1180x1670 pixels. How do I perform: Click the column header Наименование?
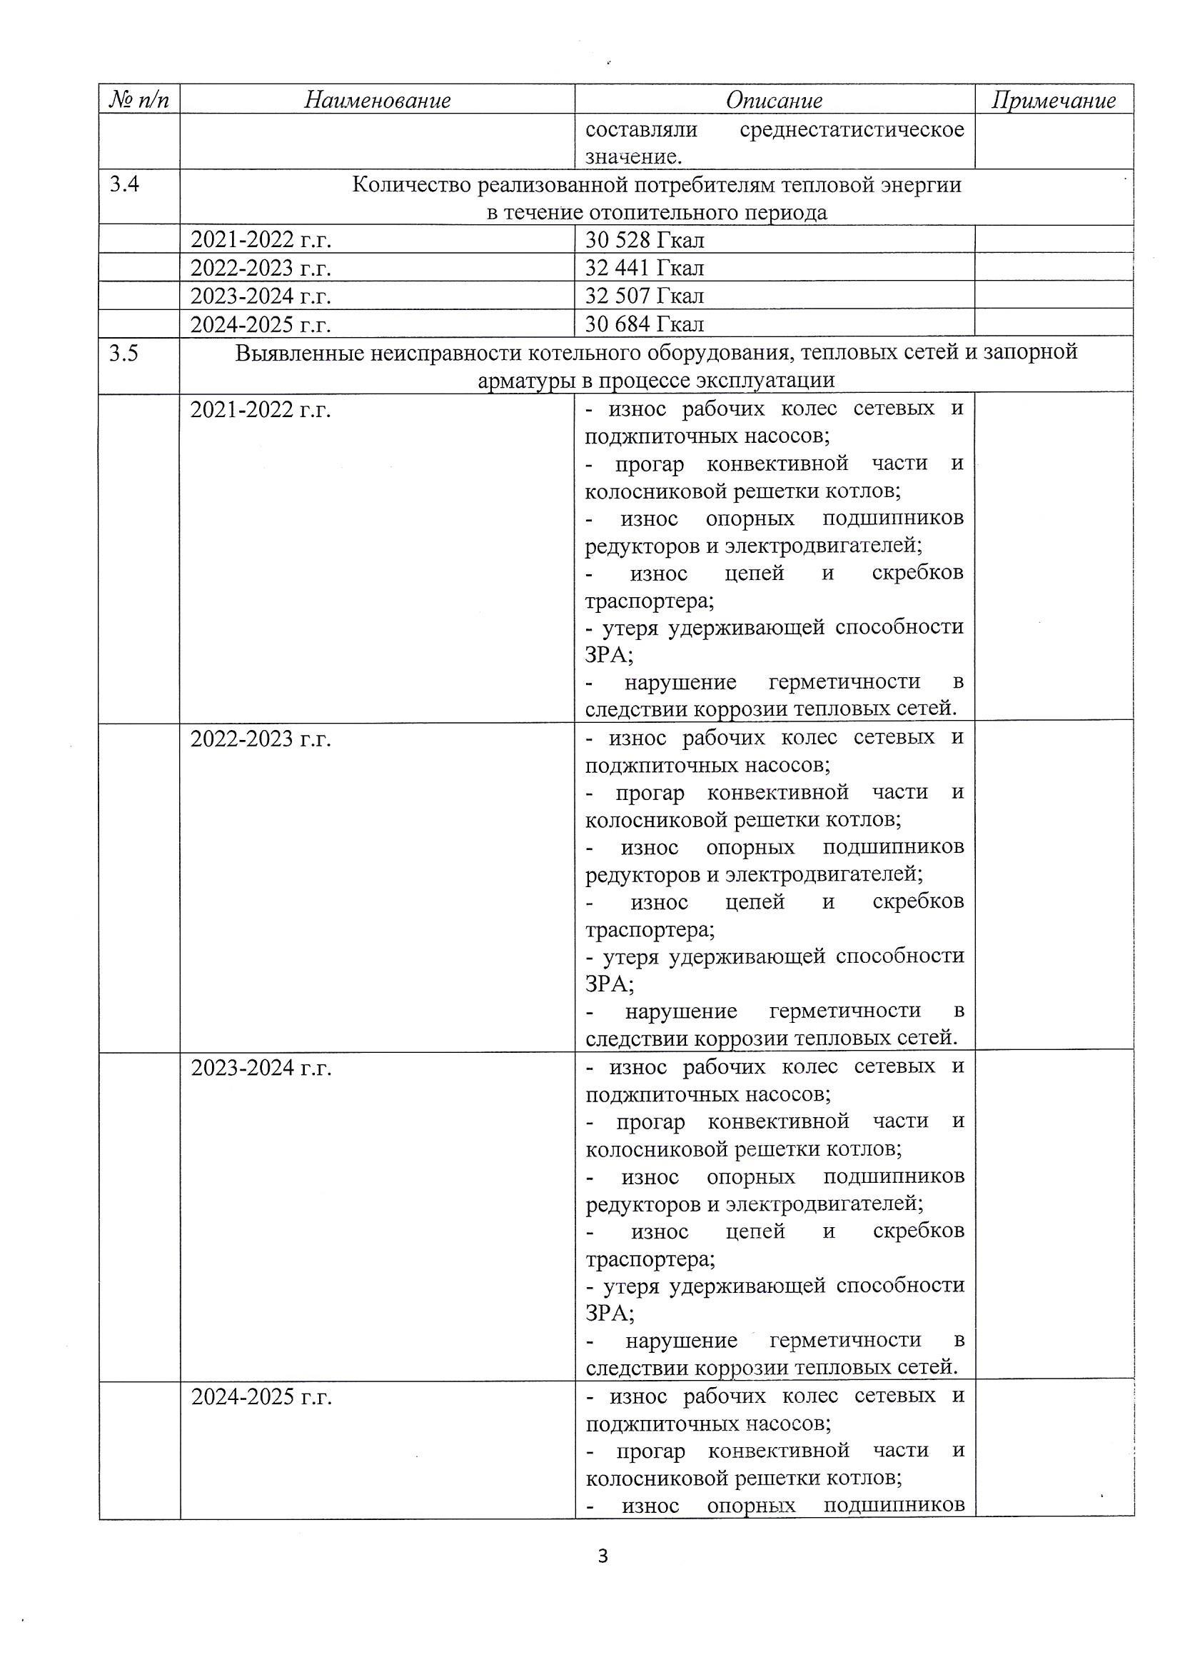378,100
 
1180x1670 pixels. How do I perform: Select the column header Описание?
774,101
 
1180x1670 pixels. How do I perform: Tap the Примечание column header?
1054,101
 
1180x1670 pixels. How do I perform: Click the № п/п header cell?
139,100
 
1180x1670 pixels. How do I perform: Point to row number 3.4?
124,185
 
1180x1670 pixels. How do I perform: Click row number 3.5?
124,354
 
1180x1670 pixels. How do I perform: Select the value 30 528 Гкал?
644,240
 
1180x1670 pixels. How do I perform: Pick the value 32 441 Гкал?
644,269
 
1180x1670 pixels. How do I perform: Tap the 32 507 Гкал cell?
644,296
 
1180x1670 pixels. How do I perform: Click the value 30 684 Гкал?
644,324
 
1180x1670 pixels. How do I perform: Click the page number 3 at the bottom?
602,1556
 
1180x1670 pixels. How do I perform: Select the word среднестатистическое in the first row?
852,130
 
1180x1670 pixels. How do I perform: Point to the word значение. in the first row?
633,157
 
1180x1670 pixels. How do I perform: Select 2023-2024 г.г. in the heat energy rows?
261,296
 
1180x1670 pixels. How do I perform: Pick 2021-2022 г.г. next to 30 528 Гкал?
261,240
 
